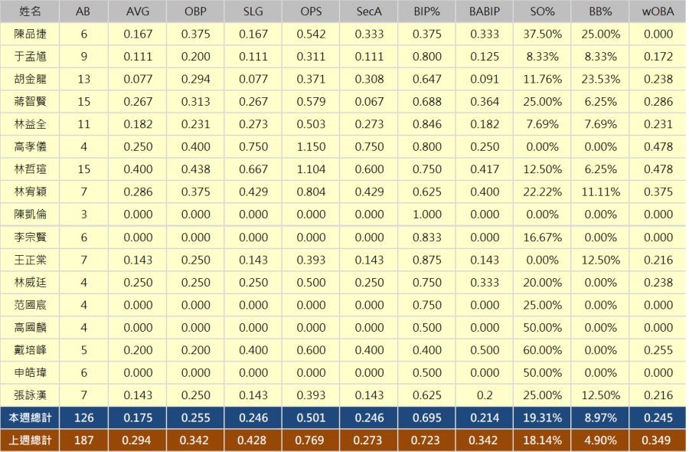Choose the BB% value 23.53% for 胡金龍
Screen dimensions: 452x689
click(x=600, y=79)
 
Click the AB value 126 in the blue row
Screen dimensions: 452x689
click(x=83, y=418)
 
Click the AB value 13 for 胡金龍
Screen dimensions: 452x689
click(x=83, y=79)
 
